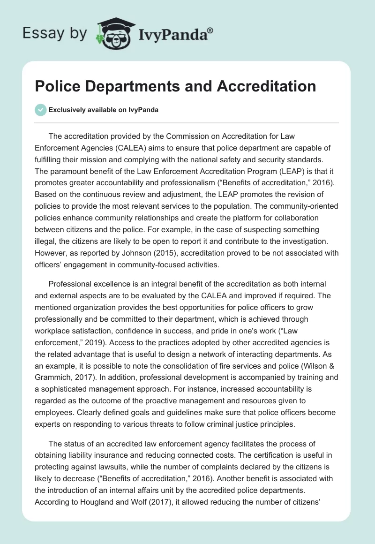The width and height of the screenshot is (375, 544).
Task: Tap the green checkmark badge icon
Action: click(x=41, y=110)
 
